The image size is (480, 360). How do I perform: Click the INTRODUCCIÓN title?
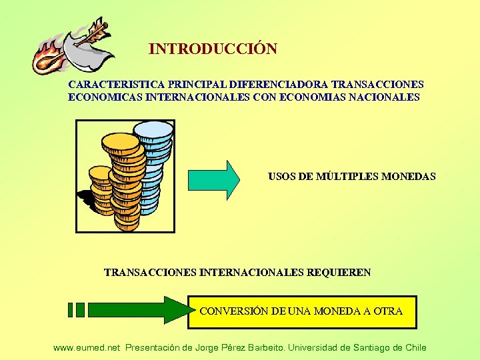pyautogui.click(x=213, y=49)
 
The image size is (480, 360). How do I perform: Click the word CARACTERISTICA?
pyautogui.click(x=109, y=85)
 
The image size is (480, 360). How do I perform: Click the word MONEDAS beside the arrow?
pyautogui.click(x=409, y=177)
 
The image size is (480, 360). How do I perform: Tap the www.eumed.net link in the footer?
pyautogui.click(x=87, y=347)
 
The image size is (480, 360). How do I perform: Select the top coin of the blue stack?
pyautogui.click(x=153, y=128)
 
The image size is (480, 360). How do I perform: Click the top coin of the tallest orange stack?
pyautogui.click(x=121, y=142)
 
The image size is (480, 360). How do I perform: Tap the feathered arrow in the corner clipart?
pyautogui.click(x=91, y=34)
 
